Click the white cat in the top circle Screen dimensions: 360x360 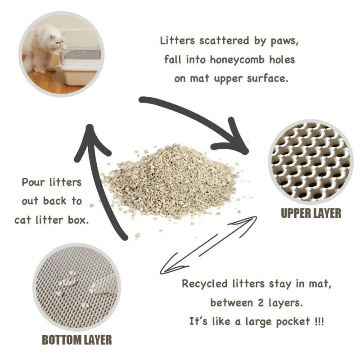coord(45,47)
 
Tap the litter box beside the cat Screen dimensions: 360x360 coord(80,67)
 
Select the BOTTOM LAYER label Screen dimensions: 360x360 coord(76,339)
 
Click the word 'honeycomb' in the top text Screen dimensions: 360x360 coord(239,59)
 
